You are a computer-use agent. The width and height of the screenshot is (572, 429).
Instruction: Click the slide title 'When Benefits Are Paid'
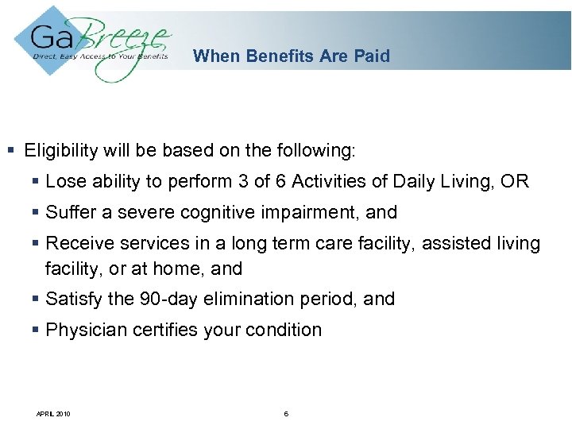(292, 56)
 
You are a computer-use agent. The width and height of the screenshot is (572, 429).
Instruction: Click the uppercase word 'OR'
(515, 181)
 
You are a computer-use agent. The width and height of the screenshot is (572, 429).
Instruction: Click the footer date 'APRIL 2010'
(53, 413)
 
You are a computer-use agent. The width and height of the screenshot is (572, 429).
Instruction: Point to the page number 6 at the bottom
(286, 413)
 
